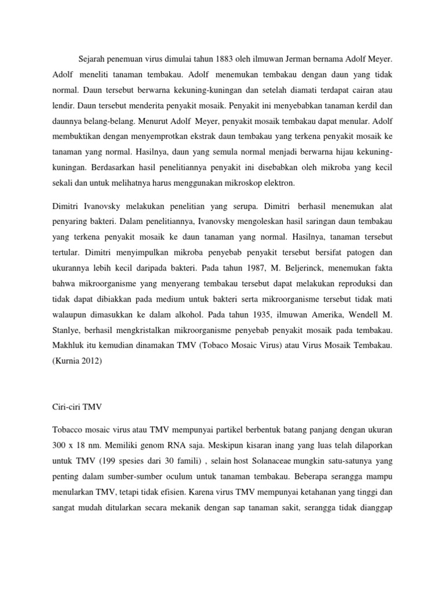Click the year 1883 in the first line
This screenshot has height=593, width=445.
(225, 58)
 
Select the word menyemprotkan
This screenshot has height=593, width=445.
(144, 140)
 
